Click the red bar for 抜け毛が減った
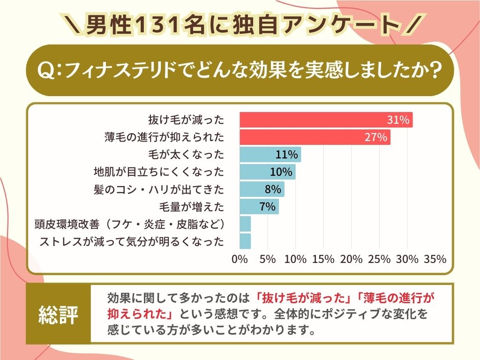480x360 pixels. click(326, 120)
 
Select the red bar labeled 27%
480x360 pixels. click(315, 137)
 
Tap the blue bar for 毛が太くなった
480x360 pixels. click(270, 155)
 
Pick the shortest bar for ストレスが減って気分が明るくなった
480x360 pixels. click(245, 241)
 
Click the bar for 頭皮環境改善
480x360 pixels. click(245, 224)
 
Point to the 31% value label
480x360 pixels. click(398, 120)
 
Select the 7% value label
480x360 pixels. click(267, 206)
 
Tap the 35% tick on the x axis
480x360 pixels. click(435, 259)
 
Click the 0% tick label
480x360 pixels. click(240, 259)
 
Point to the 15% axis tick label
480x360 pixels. click(323, 259)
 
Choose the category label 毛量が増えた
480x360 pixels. click(192, 206)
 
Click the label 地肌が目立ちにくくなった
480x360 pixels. click(159, 172)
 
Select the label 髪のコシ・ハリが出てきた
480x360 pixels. click(159, 189)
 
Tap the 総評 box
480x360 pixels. click(58, 313)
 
